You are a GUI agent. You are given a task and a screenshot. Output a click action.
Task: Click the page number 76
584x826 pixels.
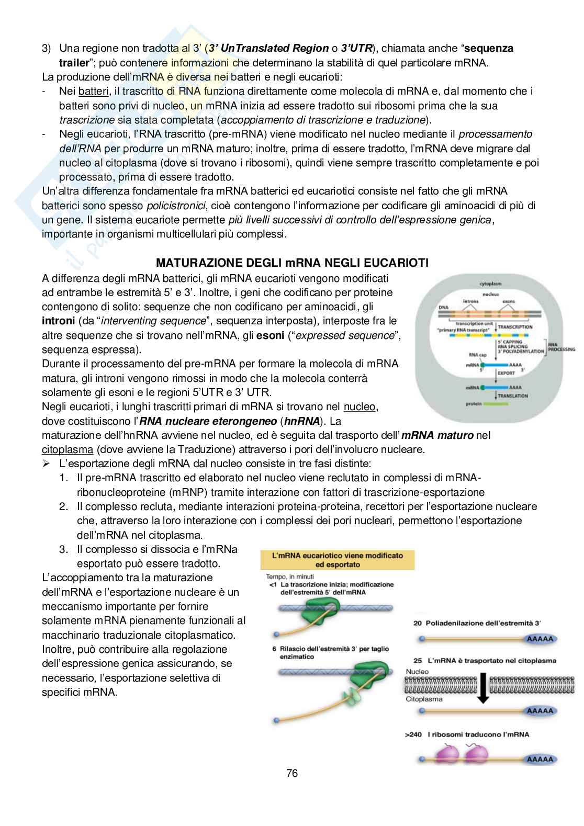click(x=292, y=773)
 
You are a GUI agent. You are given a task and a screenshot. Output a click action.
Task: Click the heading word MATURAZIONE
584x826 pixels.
click(x=197, y=263)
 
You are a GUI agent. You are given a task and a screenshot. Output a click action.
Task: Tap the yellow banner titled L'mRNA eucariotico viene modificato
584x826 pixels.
click(x=338, y=560)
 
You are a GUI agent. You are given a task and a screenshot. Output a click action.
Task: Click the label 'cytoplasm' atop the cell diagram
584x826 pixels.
click(x=490, y=284)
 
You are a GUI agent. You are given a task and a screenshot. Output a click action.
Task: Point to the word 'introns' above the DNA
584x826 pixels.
click(x=471, y=302)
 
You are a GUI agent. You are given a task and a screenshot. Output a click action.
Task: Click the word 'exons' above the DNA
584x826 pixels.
click(x=509, y=302)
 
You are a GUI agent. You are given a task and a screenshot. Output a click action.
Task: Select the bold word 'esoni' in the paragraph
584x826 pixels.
click(x=270, y=335)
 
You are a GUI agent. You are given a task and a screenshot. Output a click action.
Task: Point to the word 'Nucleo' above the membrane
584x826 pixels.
click(x=417, y=671)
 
